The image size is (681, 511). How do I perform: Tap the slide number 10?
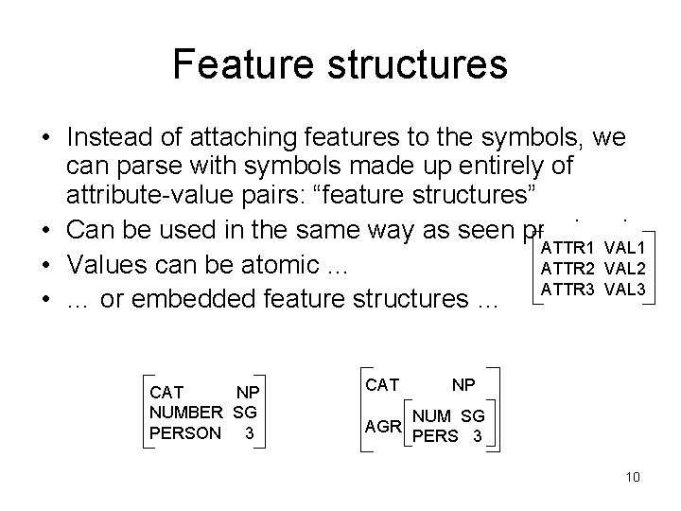[633, 476]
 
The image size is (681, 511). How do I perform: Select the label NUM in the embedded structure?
[432, 416]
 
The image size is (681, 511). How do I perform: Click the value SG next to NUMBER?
[248, 412]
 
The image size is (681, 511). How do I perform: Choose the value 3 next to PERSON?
[249, 432]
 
